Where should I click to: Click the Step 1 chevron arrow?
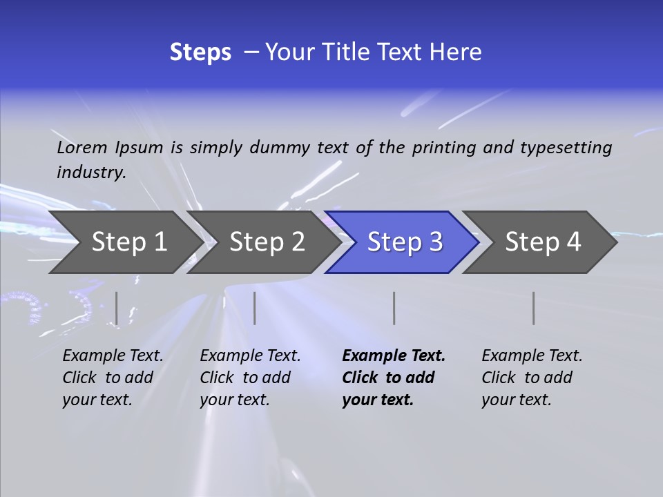(128, 242)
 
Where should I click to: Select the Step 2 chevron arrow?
(266, 242)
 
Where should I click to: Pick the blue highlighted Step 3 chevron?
(404, 242)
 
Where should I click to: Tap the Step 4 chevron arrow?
(542, 242)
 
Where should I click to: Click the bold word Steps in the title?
(200, 52)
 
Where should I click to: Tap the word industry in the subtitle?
(90, 172)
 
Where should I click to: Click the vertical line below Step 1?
(116, 308)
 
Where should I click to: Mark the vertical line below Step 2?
(255, 308)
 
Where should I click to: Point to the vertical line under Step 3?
(394, 308)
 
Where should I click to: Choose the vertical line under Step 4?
(534, 308)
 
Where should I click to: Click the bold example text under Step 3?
(393, 378)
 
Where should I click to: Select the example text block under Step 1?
(113, 378)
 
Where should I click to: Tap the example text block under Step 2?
(250, 378)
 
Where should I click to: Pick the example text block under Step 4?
(532, 378)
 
